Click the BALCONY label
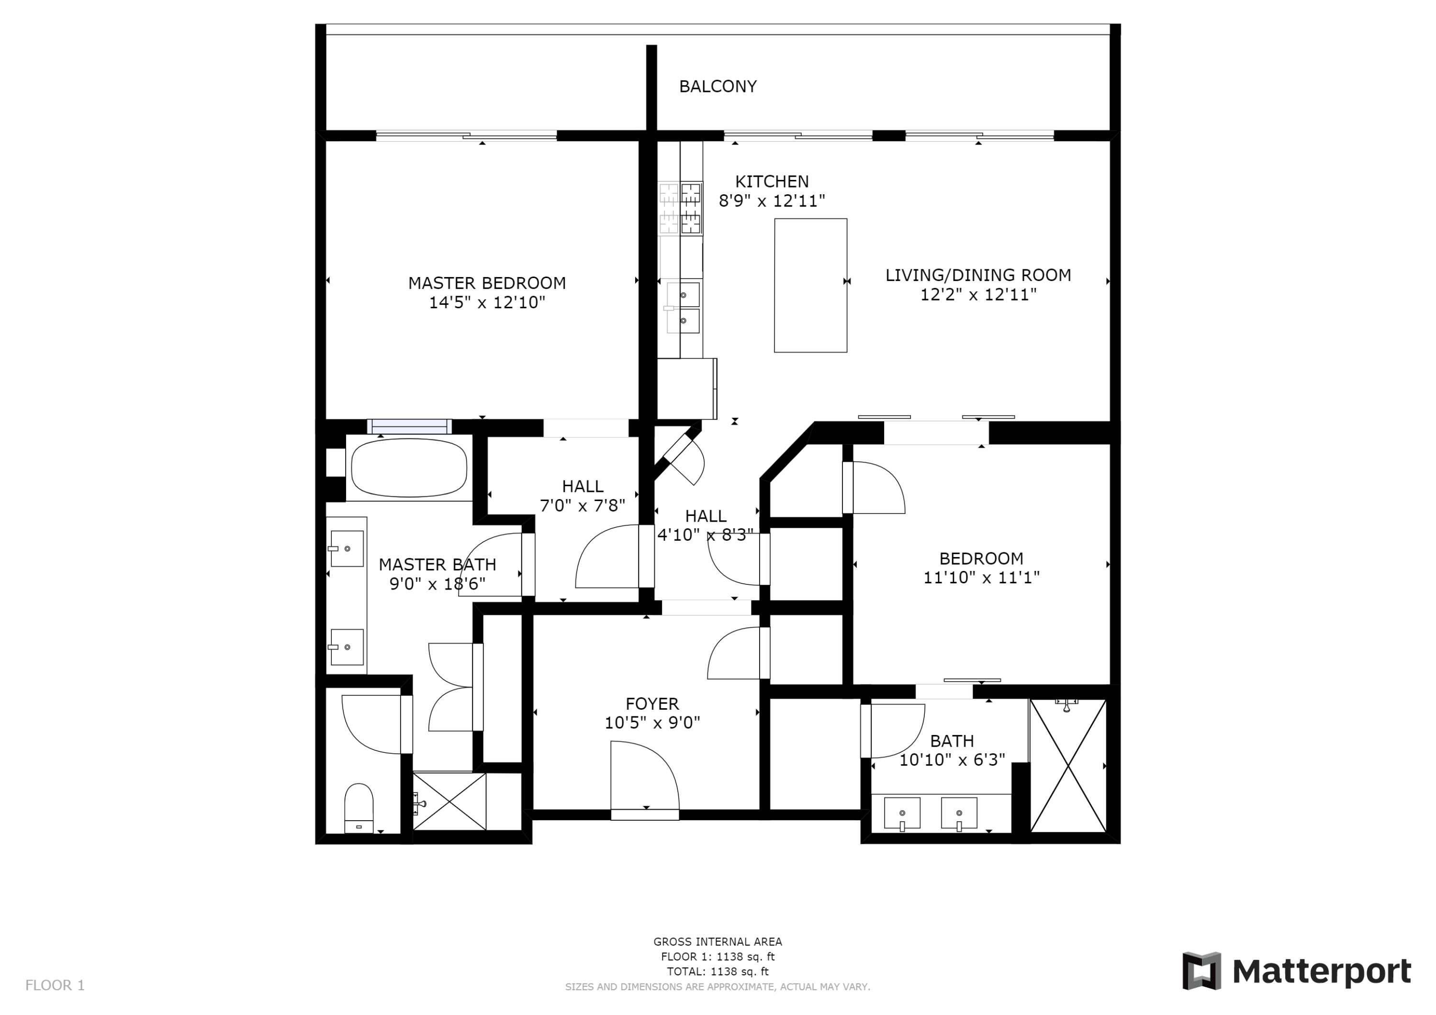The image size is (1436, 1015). (x=718, y=86)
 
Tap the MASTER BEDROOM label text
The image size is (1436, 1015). (x=487, y=283)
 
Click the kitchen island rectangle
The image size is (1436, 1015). (x=810, y=285)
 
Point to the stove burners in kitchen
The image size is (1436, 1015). (x=681, y=209)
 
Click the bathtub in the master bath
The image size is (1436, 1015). (x=409, y=468)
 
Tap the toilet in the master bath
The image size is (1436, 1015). (x=359, y=808)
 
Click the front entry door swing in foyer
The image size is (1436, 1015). (x=644, y=775)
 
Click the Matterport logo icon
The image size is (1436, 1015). (x=1201, y=971)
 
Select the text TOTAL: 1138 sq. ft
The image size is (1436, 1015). (x=718, y=971)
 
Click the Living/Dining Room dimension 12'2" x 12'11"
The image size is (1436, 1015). (x=978, y=295)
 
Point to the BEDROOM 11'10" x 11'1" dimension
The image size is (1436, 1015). (x=981, y=577)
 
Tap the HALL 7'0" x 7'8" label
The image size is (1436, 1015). (x=582, y=496)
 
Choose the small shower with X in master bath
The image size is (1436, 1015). (x=449, y=802)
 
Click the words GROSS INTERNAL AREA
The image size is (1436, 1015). (x=718, y=942)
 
